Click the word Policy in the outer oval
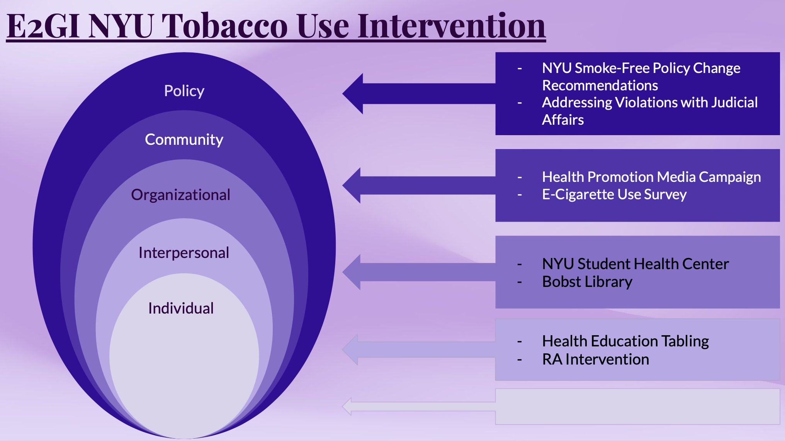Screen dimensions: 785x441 click(184, 91)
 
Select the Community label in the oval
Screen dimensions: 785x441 click(184, 139)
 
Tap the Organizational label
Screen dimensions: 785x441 click(181, 195)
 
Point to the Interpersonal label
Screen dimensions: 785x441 click(184, 253)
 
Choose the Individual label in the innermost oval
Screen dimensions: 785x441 click(181, 308)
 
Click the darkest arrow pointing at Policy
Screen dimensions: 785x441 click(419, 93)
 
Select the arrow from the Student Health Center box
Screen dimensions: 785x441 click(419, 272)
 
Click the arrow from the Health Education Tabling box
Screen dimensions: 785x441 click(419, 349)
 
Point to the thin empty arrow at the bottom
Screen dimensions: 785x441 click(419, 407)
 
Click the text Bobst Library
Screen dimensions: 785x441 click(587, 282)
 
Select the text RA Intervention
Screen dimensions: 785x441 click(596, 360)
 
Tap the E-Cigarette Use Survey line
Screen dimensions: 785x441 click(614, 195)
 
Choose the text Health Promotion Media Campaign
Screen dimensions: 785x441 click(651, 177)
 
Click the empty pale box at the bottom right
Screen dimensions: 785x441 click(637, 407)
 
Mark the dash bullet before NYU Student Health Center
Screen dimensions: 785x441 click(520, 265)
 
